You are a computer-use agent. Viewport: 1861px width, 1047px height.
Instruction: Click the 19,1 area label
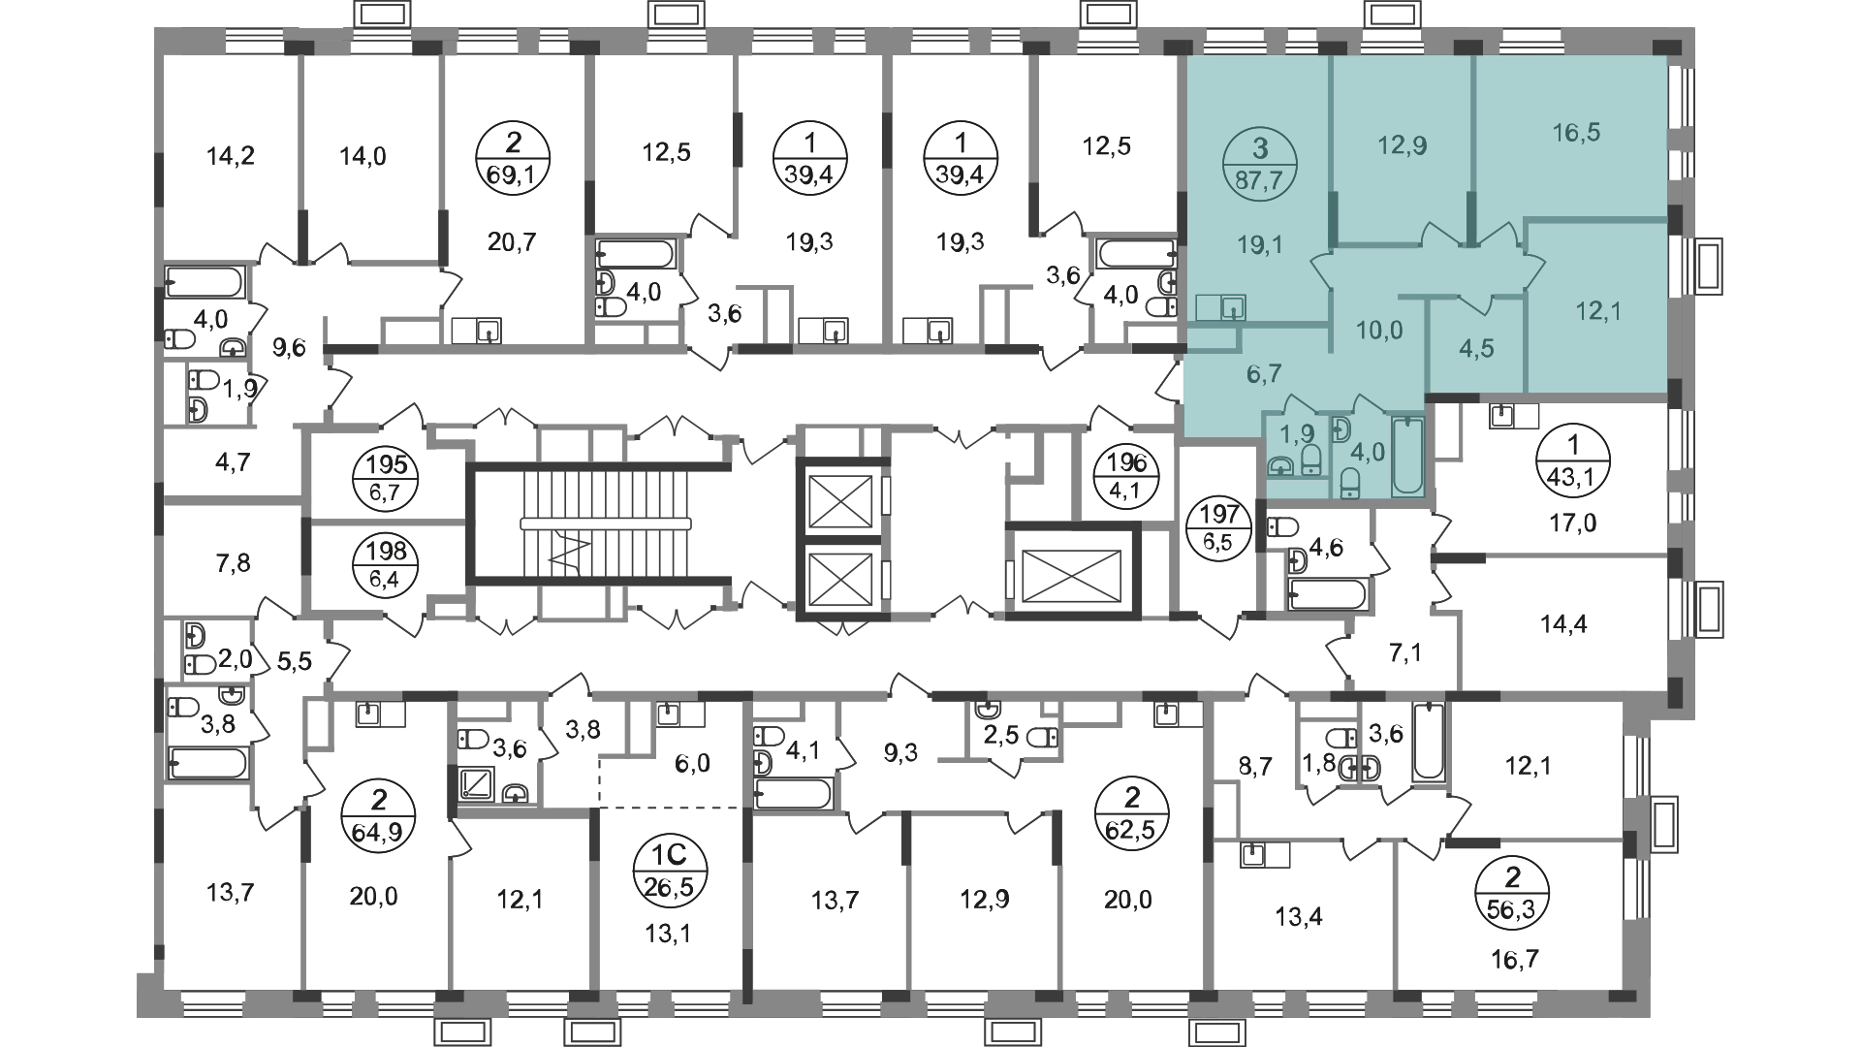click(1260, 245)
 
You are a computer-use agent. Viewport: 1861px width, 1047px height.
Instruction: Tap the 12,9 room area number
click(1402, 146)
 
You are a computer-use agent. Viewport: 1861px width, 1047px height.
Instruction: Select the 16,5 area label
click(1576, 133)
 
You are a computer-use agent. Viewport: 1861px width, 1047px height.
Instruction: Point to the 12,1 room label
click(1598, 311)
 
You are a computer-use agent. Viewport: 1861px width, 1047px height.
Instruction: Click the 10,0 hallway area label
click(1378, 331)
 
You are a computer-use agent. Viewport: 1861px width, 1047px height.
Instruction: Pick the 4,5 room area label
click(1476, 348)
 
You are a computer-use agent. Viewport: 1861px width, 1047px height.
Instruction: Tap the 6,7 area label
click(1264, 373)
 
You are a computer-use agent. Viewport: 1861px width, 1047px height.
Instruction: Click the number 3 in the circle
click(1259, 148)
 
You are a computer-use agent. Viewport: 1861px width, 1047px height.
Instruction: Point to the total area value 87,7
click(1259, 178)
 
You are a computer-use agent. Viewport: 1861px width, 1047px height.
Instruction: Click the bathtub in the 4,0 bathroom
click(1407, 457)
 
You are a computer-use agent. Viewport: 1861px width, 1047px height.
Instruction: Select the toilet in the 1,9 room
click(1310, 460)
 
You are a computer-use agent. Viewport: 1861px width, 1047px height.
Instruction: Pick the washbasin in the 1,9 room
click(1280, 466)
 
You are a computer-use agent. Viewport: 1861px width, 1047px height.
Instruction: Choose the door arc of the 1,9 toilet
click(1299, 405)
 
